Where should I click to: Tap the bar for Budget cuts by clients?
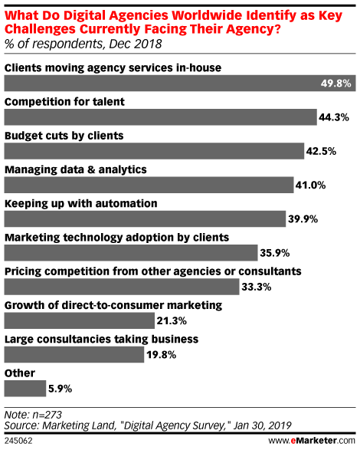tap(157, 150)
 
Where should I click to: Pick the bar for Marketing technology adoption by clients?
tap(131, 252)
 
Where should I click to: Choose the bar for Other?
tap(25, 389)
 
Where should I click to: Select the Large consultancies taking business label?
tap(91, 339)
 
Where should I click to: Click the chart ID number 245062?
tap(18, 441)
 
